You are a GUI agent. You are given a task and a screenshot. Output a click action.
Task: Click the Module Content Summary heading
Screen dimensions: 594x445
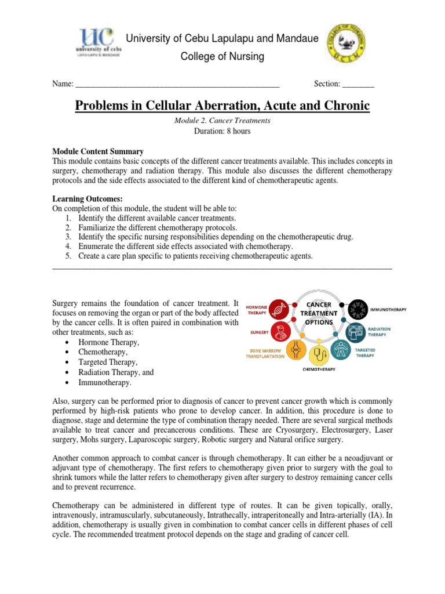coord(98,151)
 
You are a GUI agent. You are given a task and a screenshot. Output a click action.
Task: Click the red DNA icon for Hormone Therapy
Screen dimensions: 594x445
coord(279,309)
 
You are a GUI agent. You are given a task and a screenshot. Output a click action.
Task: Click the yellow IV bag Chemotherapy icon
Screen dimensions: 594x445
coord(319,353)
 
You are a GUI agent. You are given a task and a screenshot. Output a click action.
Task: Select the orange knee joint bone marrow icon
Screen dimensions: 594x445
coord(297,349)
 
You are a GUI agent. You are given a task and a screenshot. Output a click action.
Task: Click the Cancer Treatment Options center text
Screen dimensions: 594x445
coord(319,313)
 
